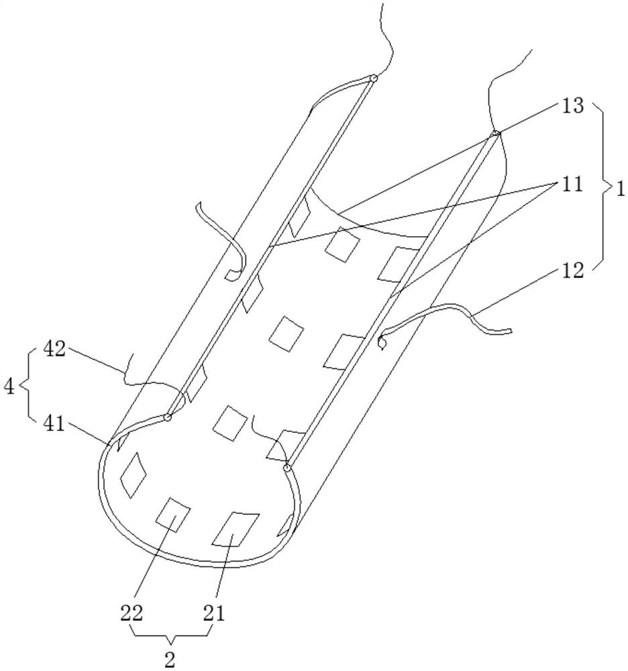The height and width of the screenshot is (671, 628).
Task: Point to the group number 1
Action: tap(621, 189)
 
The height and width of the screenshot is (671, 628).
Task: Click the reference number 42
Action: tap(54, 350)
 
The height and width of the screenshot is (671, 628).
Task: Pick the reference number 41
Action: tap(54, 424)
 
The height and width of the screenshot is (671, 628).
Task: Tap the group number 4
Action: tap(9, 387)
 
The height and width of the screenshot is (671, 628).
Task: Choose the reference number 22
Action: tap(131, 614)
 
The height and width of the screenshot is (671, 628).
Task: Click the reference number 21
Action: tap(214, 614)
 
